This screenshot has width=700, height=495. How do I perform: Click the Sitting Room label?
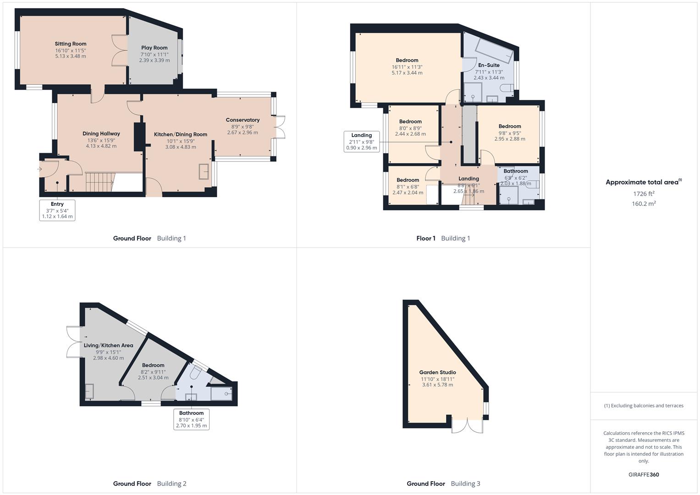click(71, 44)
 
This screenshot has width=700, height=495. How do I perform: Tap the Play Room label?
click(154, 48)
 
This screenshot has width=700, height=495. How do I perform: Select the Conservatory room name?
click(243, 120)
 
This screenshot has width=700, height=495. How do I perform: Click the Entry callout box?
click(57, 210)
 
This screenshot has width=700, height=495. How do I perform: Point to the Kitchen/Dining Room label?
click(181, 134)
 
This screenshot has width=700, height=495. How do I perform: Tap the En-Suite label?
click(489, 65)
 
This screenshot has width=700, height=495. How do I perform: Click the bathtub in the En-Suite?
click(494, 50)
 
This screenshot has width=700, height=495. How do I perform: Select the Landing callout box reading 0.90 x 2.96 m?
click(362, 142)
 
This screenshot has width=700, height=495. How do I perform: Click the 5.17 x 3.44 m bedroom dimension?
click(407, 73)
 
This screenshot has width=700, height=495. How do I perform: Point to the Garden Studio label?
click(437, 373)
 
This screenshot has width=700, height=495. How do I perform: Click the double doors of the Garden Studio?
click(467, 425)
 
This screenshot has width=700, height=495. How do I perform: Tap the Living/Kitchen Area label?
click(108, 346)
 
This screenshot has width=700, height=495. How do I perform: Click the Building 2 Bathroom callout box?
click(191, 419)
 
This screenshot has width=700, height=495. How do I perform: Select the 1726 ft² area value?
click(644, 194)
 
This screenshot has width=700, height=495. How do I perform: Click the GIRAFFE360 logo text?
click(644, 474)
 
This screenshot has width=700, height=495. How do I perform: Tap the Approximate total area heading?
click(644, 182)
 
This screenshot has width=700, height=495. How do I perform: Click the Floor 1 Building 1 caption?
click(443, 238)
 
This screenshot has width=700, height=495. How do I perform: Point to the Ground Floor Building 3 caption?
click(443, 484)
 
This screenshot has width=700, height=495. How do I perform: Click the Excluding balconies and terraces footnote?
click(644, 406)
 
